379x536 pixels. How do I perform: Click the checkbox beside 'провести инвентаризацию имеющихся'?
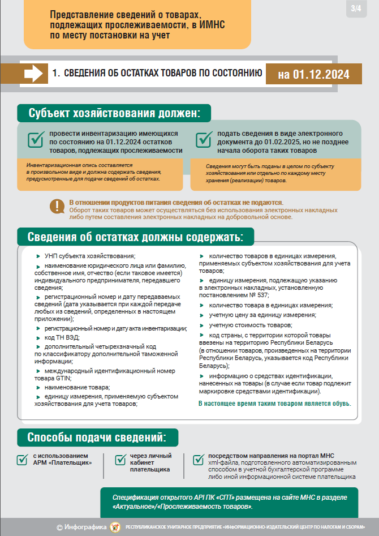[36, 139]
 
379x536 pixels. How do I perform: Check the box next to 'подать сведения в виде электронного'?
[203, 139]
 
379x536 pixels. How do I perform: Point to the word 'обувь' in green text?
[338, 404]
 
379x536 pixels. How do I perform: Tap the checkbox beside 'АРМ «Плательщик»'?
[23, 460]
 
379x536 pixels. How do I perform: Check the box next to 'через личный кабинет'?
[119, 460]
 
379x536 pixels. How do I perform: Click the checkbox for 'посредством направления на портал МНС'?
[198, 460]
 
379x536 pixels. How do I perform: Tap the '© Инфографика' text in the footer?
[81, 528]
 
